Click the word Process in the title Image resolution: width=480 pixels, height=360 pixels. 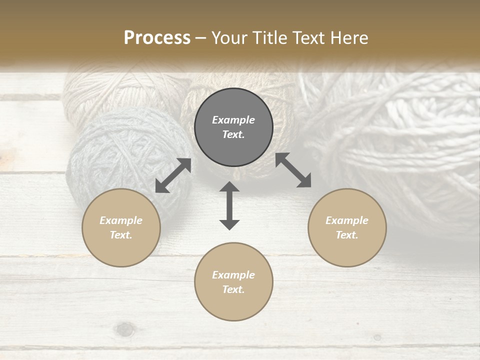(157, 38)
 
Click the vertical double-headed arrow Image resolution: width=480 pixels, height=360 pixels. (229, 205)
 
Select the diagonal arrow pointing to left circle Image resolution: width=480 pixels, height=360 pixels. (173, 175)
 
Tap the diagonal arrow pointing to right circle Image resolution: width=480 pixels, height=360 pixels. (293, 170)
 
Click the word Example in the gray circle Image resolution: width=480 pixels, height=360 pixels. (233, 120)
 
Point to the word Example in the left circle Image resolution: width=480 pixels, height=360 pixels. (121, 220)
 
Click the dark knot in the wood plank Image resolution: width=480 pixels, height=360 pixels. (125, 329)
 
